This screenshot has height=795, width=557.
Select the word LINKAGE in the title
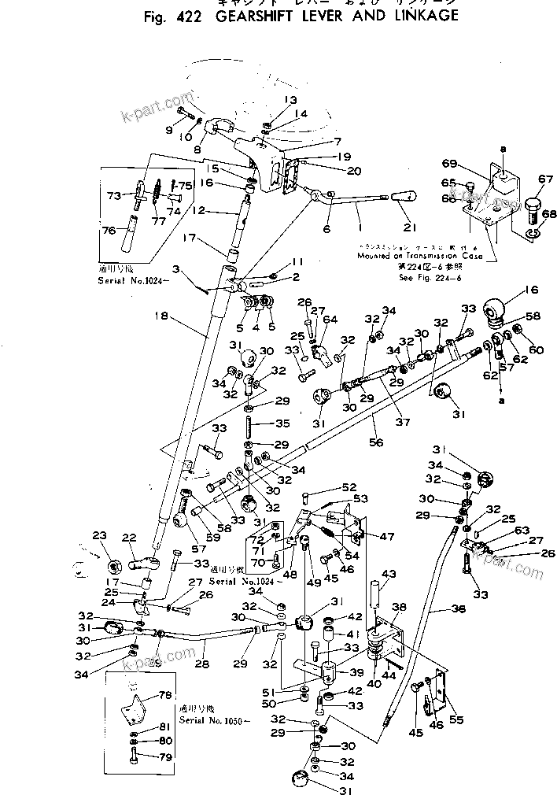point(411,16)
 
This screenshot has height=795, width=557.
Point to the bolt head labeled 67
point(533,208)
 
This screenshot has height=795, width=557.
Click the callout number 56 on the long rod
point(377,443)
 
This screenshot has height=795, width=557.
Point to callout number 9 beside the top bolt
point(168,129)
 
